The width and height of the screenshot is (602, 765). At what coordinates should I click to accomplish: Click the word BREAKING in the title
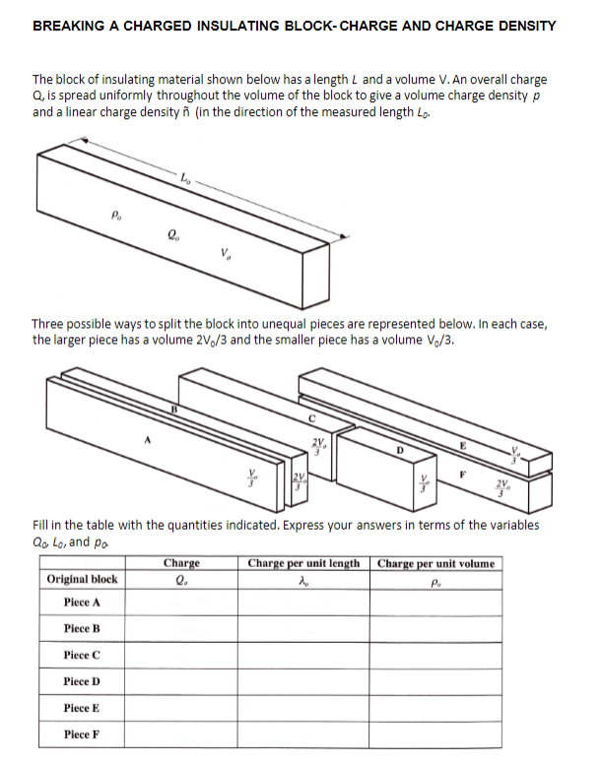pos(69,26)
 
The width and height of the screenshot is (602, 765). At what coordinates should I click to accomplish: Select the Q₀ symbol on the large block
pos(173,234)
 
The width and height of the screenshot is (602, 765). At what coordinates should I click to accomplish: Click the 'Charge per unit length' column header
pos(303,563)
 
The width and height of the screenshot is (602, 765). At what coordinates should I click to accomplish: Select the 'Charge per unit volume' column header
pos(436,563)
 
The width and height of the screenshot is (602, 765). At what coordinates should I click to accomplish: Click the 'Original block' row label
pos(83,579)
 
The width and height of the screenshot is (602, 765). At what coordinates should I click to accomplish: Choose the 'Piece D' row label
pos(83,681)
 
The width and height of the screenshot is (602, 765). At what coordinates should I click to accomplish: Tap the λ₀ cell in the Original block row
pos(303,580)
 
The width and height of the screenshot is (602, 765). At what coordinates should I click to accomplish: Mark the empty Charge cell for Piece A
pos(181,603)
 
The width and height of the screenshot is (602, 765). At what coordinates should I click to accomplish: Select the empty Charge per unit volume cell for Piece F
pos(436,734)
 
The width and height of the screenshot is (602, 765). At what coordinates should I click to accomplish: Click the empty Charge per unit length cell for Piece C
pos(303,655)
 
